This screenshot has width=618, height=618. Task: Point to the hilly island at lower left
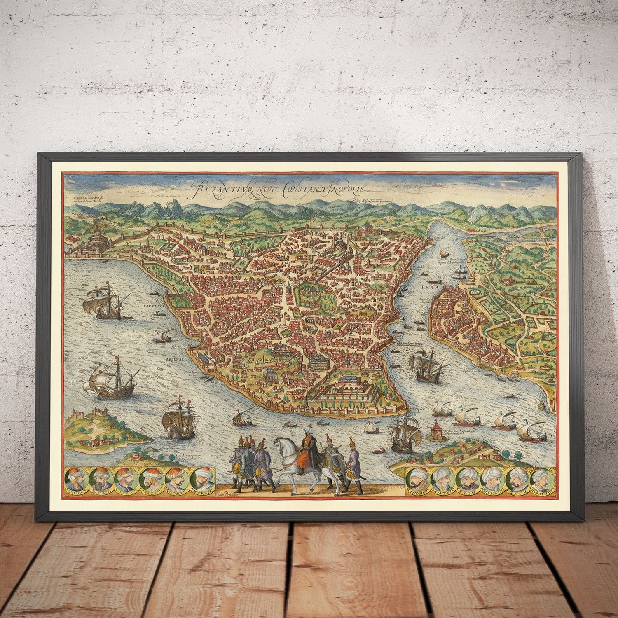99,428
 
